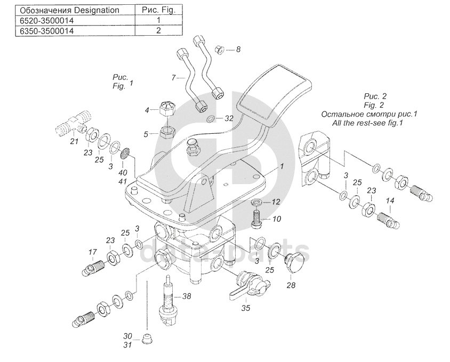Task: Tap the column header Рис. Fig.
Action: click(158, 10)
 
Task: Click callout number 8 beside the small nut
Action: click(238, 49)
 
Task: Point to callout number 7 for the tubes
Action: click(173, 78)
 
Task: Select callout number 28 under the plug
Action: click(291, 286)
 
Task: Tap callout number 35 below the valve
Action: click(245, 307)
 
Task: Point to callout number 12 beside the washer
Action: click(276, 202)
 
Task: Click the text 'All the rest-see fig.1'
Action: click(367, 123)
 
